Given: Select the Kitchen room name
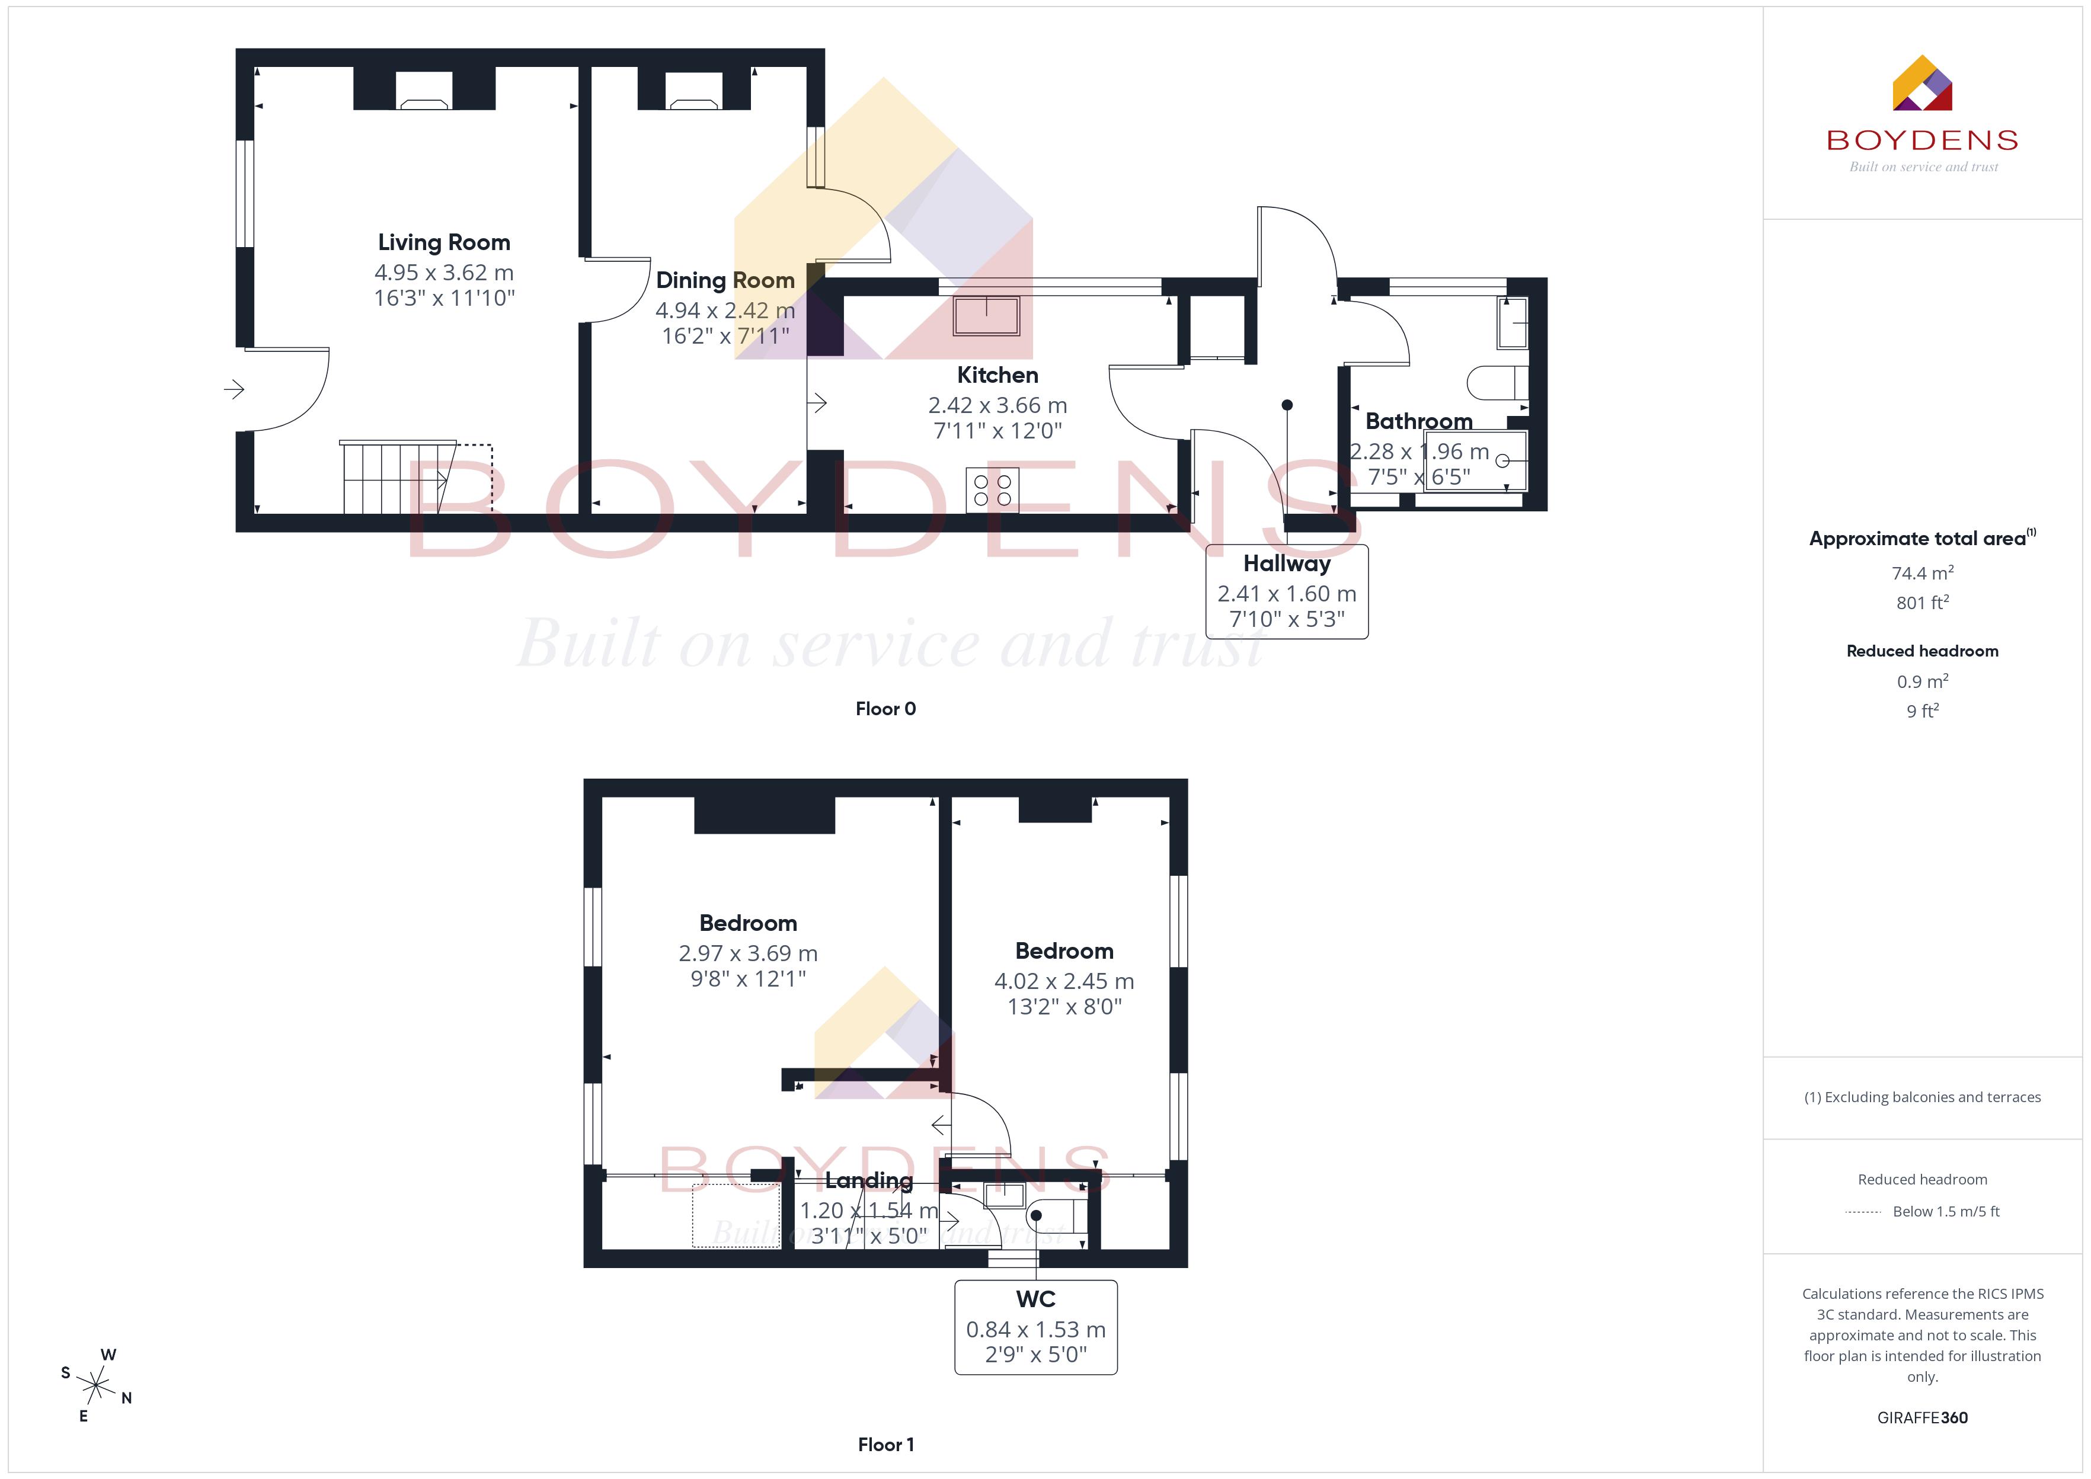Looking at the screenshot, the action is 997,375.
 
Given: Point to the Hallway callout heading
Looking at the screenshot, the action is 1287,564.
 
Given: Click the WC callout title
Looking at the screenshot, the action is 1035,1299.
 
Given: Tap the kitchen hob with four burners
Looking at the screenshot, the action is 992,490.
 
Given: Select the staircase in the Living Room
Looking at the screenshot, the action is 399,477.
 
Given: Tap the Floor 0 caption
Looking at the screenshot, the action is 885,709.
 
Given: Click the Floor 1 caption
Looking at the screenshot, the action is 885,1445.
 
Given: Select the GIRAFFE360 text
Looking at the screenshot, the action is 1923,1418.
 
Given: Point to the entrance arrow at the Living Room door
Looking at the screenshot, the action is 234,390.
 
